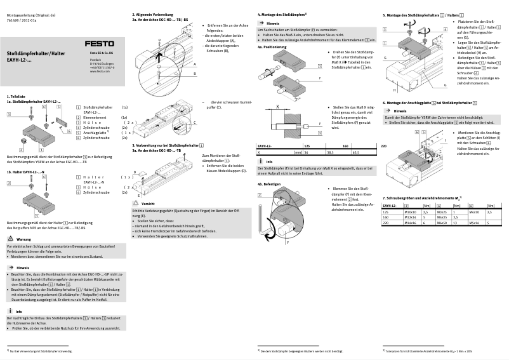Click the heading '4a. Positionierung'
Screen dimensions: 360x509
(x=272, y=46)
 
